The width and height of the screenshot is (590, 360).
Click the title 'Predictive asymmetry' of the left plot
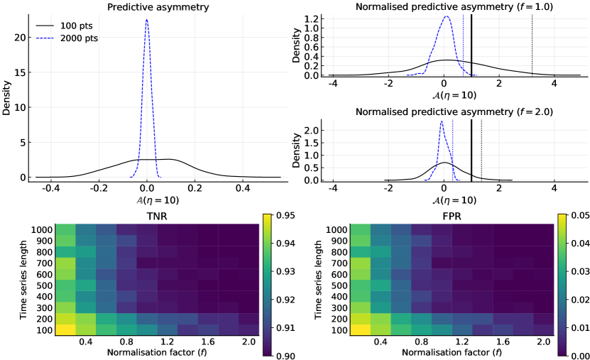click(146, 8)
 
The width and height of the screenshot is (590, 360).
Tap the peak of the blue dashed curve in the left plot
click(146, 20)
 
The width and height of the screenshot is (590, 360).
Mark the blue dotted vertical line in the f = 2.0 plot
click(452, 149)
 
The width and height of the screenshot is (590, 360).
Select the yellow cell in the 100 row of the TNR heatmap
click(45, 329)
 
